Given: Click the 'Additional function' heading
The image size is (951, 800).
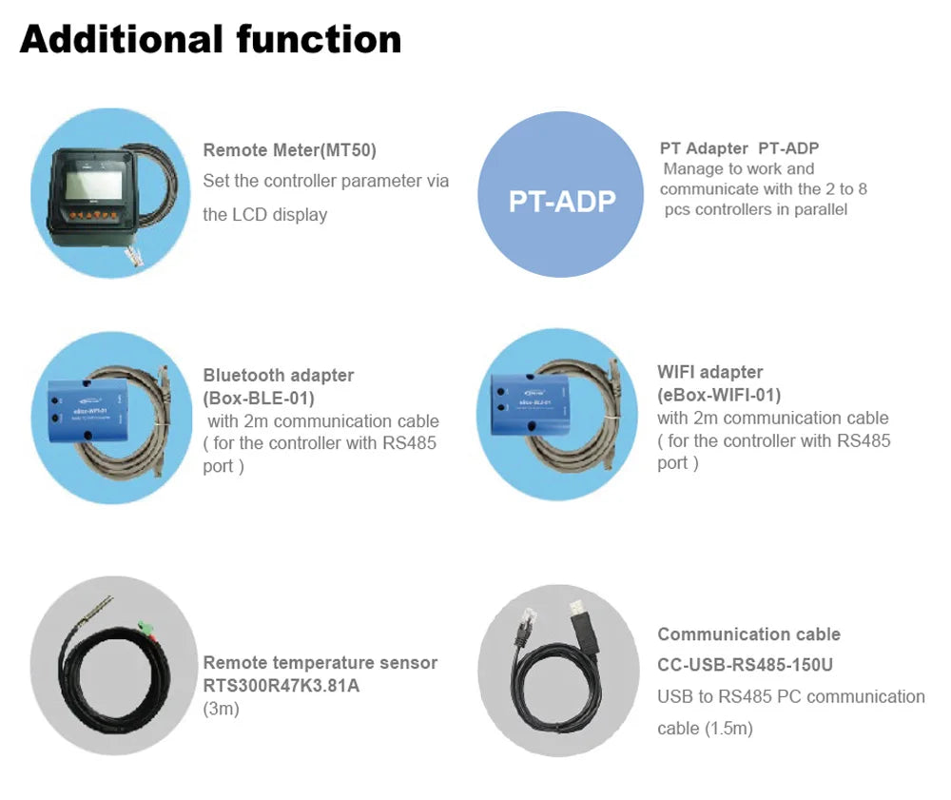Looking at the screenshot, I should click(210, 40).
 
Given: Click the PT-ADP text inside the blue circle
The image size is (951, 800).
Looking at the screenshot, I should click(562, 201).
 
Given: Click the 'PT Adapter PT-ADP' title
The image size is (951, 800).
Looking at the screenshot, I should click(739, 148).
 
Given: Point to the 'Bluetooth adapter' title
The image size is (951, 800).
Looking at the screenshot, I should click(279, 375).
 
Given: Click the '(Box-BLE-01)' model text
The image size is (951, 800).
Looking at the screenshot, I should click(259, 398).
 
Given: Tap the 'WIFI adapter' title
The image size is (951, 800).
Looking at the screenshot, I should click(710, 372).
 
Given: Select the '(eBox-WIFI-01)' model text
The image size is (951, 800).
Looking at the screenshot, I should click(719, 395).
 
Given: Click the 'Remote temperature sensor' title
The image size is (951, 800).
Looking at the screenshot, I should click(320, 662).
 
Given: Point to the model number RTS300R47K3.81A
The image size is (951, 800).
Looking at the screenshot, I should click(281, 685).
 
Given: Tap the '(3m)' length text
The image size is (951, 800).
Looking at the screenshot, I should click(222, 709).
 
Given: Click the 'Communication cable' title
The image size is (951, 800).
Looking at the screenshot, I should click(749, 634).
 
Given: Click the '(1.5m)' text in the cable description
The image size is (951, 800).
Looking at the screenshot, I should click(729, 729).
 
